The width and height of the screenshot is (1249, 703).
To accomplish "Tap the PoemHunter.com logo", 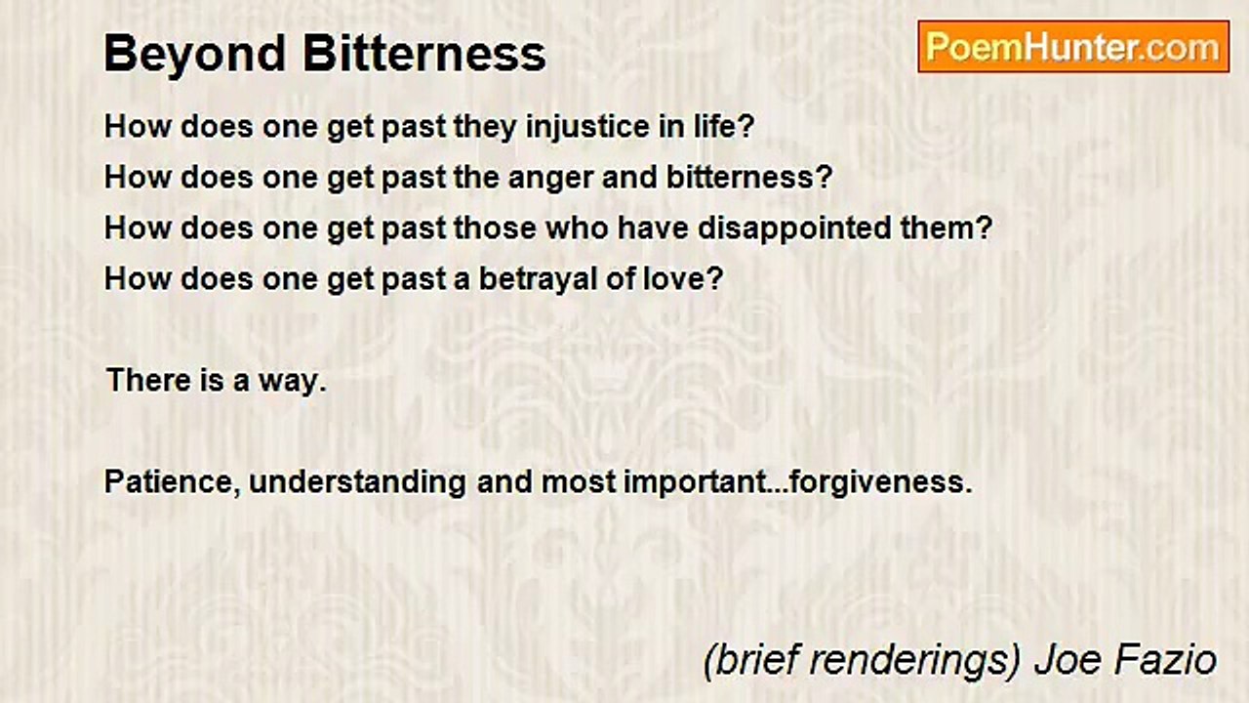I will [1073, 47].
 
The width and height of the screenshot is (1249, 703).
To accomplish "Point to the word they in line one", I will [486, 127].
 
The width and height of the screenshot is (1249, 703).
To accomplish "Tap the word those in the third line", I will [493, 228].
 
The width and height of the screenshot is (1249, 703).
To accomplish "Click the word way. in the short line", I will [292, 382].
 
